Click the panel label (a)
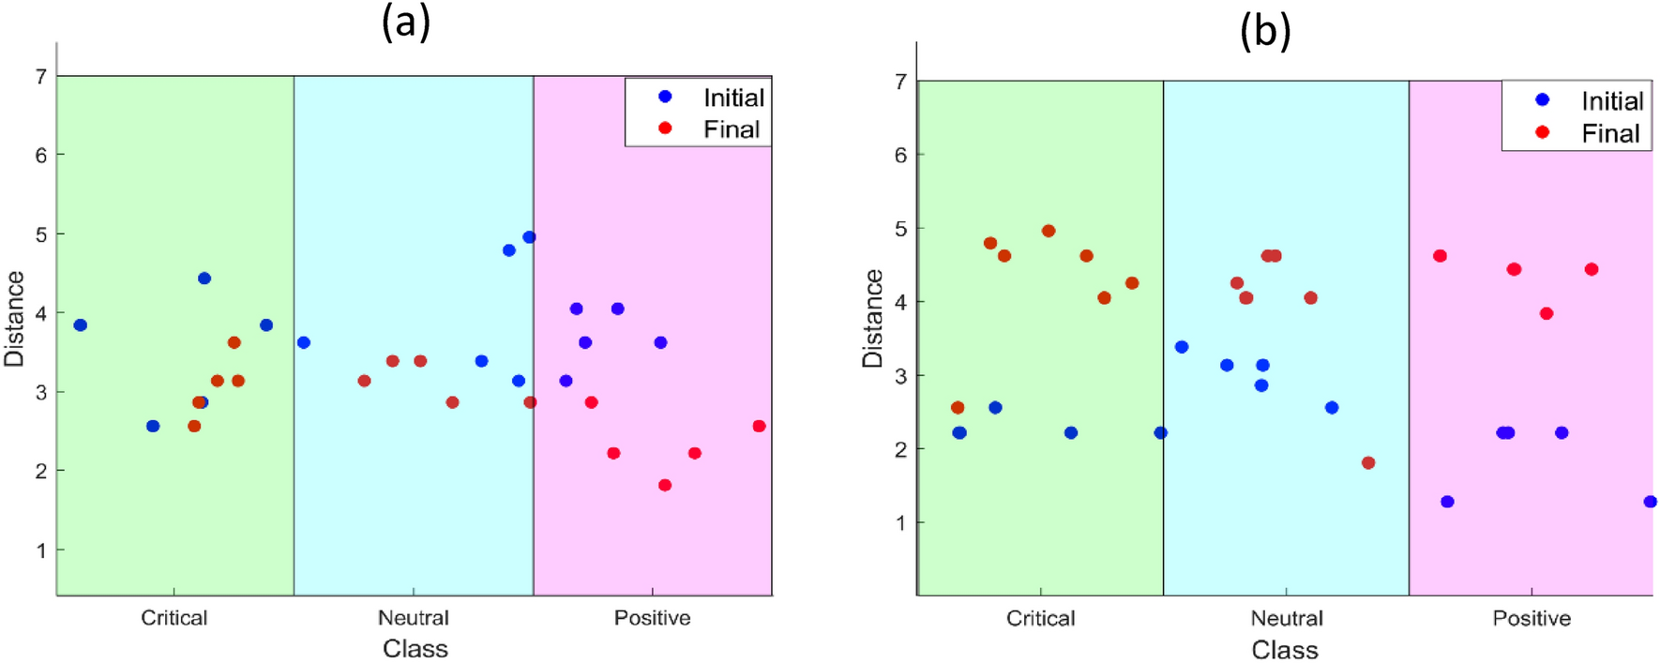[x=405, y=22]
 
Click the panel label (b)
[x=1264, y=32]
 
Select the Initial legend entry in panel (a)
[x=733, y=98]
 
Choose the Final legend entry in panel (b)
[x=1610, y=133]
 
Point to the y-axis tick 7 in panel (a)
[x=41, y=76]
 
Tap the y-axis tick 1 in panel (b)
[x=900, y=522]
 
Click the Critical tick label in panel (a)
[x=174, y=618]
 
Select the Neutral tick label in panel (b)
[x=1286, y=619]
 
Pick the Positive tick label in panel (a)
[x=652, y=618]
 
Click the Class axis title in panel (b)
[x=1284, y=650]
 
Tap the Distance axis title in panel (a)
[x=14, y=319]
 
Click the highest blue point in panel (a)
[x=529, y=237]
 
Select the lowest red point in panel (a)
[x=665, y=485]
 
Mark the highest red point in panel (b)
[x=1048, y=231]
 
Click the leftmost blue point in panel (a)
[x=81, y=325]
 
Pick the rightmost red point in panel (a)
[x=759, y=427]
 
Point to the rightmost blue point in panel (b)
[x=1650, y=502]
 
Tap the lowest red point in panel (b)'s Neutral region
[x=1367, y=463]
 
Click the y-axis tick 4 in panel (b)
[x=900, y=302]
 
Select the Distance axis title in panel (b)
[x=873, y=319]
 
